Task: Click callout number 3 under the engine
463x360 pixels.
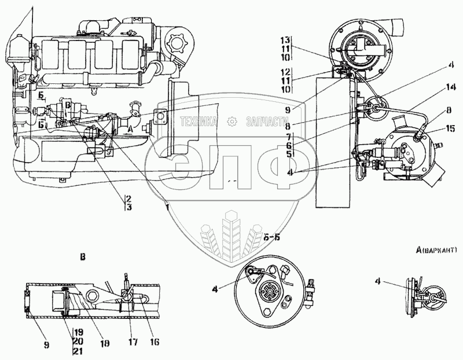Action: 128,207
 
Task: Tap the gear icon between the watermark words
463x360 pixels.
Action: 232,121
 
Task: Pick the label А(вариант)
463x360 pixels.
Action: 436,250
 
